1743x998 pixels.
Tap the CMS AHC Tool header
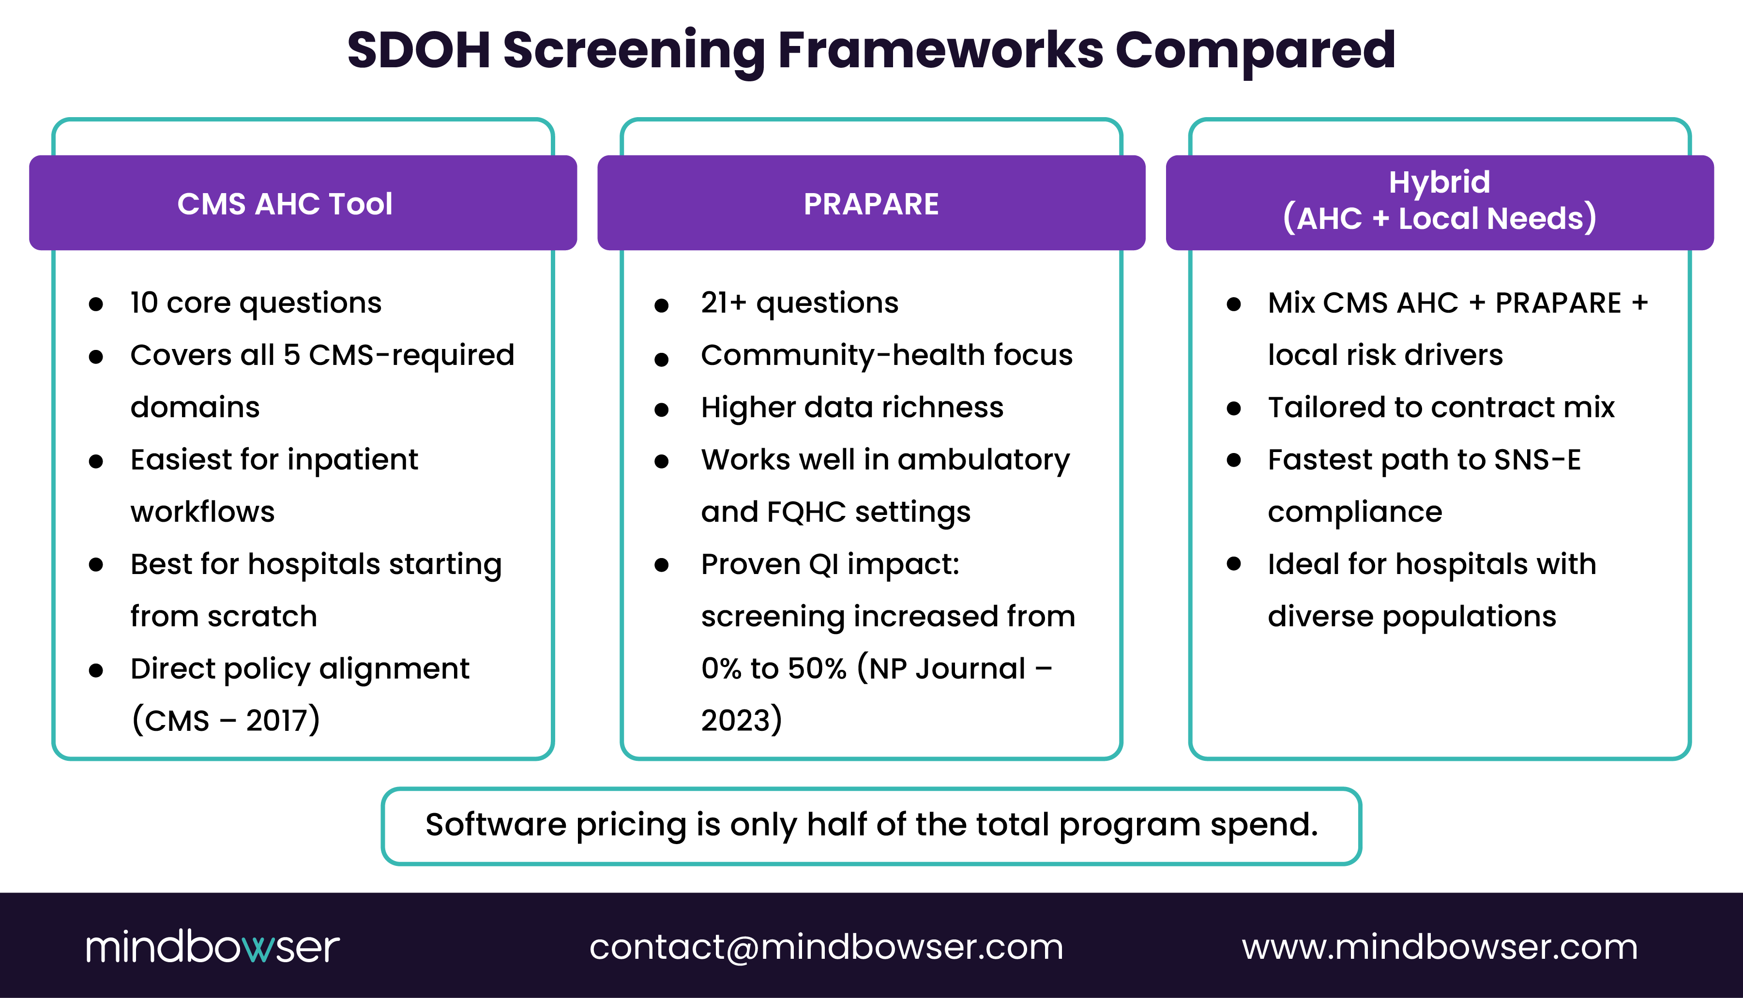click(x=285, y=204)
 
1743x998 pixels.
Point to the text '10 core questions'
click(x=256, y=302)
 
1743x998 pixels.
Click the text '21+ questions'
click(x=799, y=302)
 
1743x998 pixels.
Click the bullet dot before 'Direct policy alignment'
click(x=95, y=670)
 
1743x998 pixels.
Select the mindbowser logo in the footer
click(x=212, y=947)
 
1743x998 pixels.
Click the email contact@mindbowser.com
click(x=826, y=947)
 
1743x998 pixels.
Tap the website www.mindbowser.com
click(x=1440, y=947)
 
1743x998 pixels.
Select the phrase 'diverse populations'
click(x=1411, y=616)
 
